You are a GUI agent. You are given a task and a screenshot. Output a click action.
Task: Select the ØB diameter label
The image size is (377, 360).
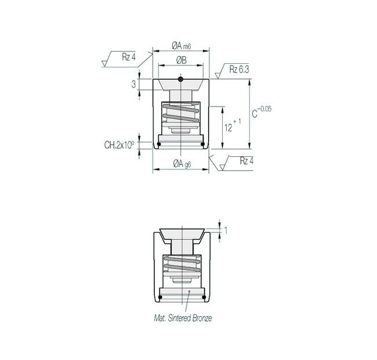[x=180, y=60]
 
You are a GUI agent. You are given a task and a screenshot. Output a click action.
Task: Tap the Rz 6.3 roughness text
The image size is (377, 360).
[x=239, y=70]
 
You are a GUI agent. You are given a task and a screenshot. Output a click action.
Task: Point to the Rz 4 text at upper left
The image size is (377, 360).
[x=129, y=56]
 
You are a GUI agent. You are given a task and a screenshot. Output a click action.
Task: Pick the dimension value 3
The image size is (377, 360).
[x=133, y=84]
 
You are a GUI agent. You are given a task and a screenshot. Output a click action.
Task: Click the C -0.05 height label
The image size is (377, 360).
[x=260, y=111]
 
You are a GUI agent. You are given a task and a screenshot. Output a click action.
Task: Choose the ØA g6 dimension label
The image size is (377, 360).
[x=182, y=164]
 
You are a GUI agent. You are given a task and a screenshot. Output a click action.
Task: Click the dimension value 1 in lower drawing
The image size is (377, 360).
[x=226, y=231]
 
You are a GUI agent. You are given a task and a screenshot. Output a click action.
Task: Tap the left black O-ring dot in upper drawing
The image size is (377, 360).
[x=159, y=144]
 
